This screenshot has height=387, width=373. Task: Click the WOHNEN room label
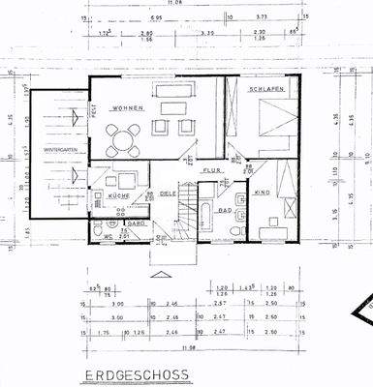127,107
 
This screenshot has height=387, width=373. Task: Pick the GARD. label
137,222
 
